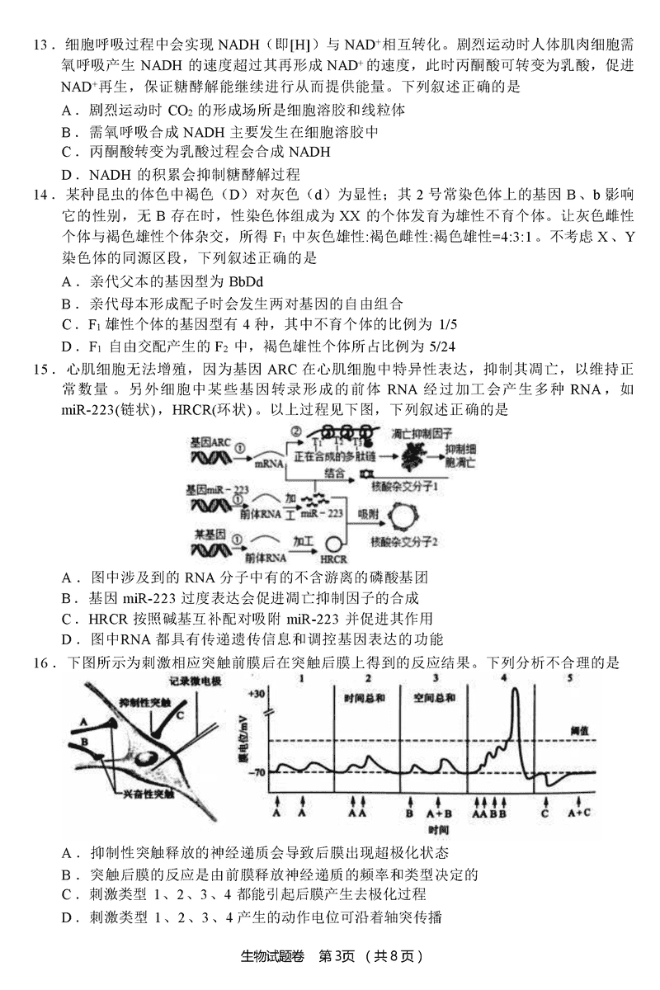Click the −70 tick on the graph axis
(x=256, y=772)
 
